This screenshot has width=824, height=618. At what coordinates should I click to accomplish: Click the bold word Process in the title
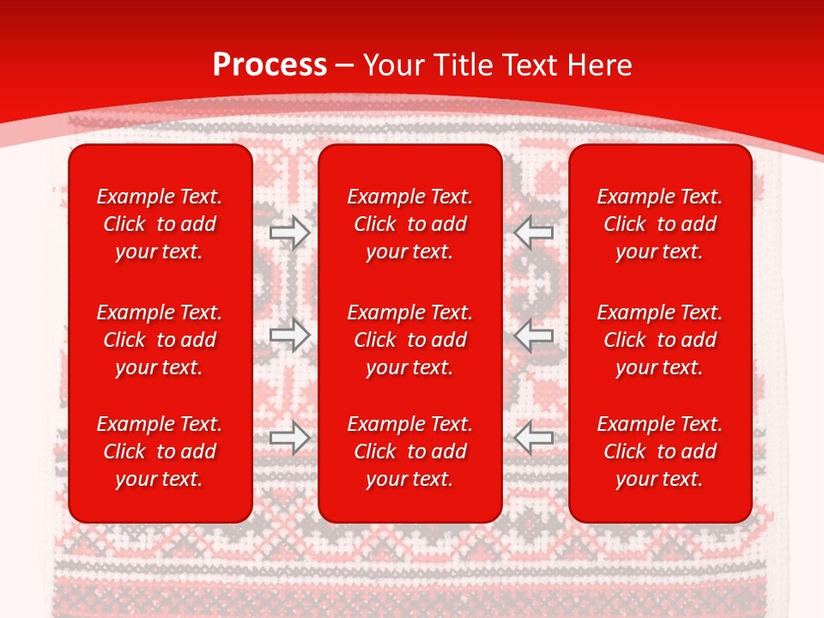[x=270, y=65]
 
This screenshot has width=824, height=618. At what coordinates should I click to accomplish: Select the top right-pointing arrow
[x=289, y=232]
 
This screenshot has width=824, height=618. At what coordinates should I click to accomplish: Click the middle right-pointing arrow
[x=289, y=335]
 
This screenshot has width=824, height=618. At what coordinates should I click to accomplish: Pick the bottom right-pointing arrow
[x=289, y=438]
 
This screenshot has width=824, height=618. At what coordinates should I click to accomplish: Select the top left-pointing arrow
[x=534, y=232]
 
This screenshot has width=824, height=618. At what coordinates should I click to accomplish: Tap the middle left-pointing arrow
[x=534, y=335]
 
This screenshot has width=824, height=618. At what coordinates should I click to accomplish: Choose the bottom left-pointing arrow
[x=534, y=438]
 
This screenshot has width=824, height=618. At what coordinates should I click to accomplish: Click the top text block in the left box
[x=160, y=224]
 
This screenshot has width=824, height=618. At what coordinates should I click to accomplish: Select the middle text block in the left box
[x=160, y=340]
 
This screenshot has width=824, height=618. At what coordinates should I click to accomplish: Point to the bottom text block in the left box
[x=160, y=451]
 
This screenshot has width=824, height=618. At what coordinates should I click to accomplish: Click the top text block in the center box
[x=409, y=224]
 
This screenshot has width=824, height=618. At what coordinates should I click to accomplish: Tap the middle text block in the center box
[x=409, y=340]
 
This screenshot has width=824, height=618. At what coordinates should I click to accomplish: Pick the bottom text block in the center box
[x=409, y=451]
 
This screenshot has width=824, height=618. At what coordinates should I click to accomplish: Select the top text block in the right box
[x=659, y=224]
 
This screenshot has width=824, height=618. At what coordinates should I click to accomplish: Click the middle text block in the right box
[x=659, y=340]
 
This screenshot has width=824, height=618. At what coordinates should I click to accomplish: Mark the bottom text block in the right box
[x=659, y=451]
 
